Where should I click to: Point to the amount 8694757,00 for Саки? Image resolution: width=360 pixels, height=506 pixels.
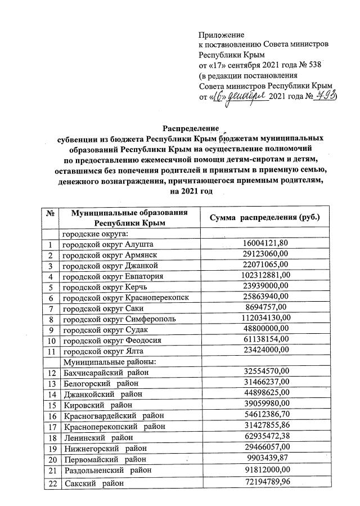click(x=265, y=307)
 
